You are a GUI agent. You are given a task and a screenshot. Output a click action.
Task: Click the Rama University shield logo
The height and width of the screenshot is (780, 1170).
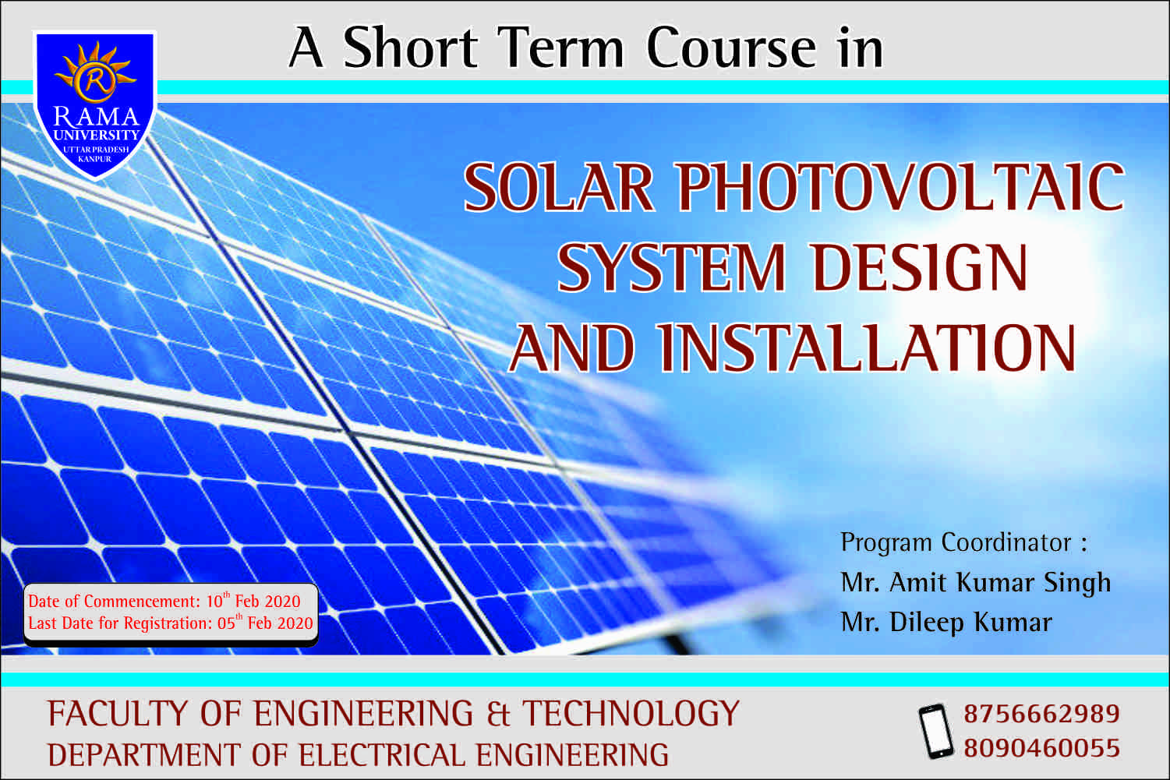point(95,105)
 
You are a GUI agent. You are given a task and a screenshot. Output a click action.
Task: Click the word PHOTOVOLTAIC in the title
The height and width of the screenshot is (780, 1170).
point(901,188)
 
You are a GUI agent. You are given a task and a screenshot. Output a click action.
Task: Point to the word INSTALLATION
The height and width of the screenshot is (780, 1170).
point(866,348)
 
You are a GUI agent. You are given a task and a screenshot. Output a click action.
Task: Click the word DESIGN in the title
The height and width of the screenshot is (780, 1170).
point(920,268)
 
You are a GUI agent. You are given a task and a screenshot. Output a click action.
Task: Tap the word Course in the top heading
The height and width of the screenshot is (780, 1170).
point(731,48)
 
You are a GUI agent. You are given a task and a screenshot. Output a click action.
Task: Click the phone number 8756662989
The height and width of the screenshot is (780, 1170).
point(1042,714)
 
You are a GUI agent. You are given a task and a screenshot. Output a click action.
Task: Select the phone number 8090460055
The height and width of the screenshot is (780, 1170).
point(1042,749)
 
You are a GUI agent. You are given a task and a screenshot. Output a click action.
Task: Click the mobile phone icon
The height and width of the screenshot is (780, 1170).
point(935,731)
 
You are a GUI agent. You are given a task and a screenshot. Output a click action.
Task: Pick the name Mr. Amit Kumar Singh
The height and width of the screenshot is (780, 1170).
point(976,582)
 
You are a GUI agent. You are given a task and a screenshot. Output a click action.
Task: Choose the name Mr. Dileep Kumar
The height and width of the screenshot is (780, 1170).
point(946,622)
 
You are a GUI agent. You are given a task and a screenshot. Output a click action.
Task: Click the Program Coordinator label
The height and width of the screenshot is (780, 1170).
point(963,542)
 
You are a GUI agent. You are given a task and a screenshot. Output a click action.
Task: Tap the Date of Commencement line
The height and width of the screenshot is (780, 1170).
point(164,602)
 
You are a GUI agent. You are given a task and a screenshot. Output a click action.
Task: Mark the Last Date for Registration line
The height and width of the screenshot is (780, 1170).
point(171,623)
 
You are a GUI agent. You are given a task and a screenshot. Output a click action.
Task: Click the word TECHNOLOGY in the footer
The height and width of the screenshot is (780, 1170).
point(630,714)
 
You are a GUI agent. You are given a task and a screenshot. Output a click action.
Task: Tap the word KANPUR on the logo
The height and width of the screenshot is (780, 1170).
point(95,159)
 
